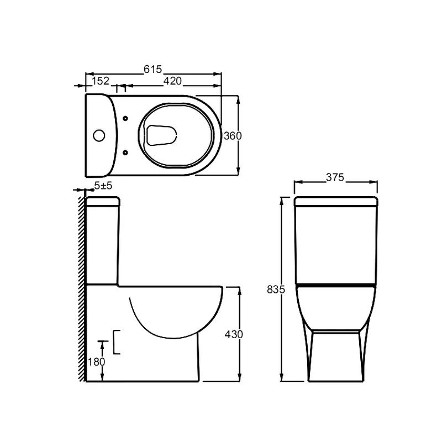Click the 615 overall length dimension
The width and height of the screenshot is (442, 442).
tap(152, 69)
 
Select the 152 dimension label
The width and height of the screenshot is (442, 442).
tap(100, 81)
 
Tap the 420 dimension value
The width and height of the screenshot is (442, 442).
tap(172, 81)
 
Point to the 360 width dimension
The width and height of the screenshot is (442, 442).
tap(233, 135)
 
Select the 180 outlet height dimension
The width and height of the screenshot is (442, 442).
tap(96, 362)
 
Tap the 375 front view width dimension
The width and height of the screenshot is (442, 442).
tap(335, 177)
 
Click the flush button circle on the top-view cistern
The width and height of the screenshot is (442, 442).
tap(99, 135)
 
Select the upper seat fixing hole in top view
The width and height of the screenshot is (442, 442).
tap(125, 118)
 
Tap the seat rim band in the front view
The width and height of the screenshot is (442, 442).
tap(335, 285)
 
